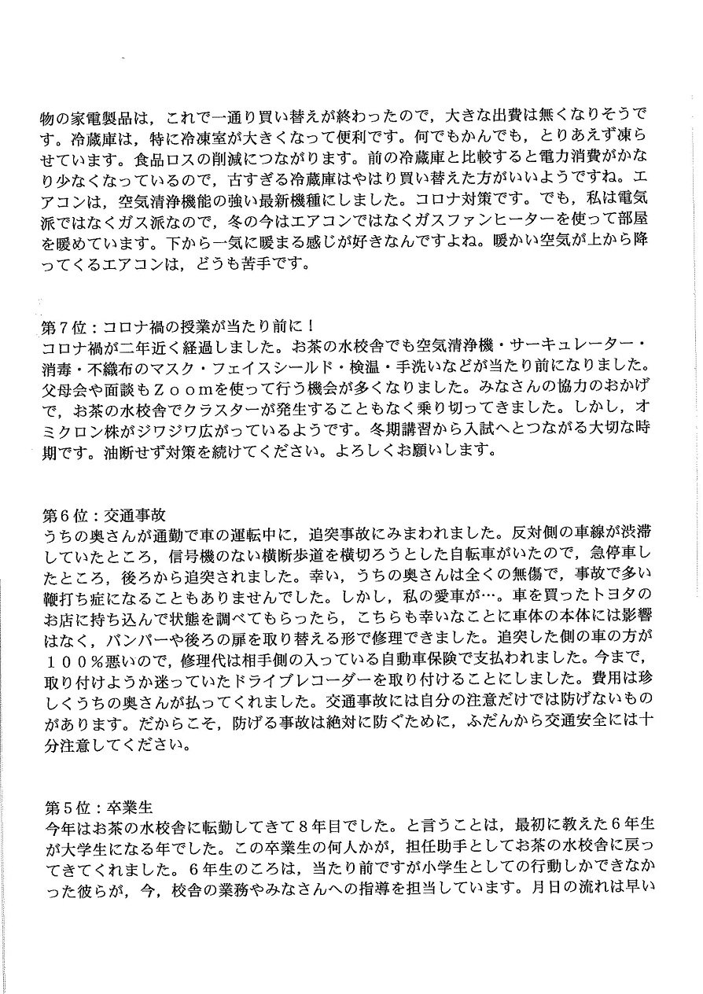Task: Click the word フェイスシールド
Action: click(310, 368)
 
